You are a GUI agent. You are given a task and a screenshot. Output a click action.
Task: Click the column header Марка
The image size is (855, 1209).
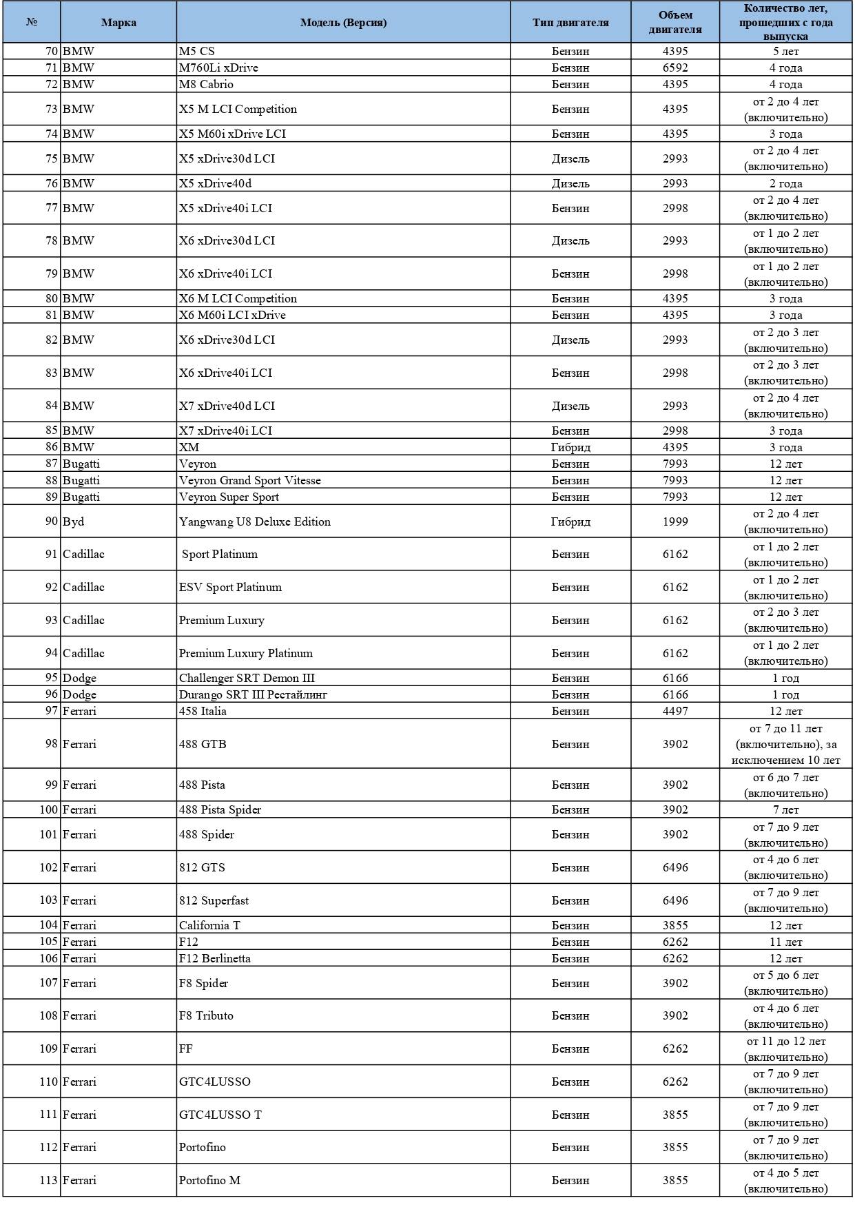tap(119, 23)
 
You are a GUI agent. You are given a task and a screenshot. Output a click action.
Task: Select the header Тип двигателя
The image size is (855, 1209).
tap(570, 23)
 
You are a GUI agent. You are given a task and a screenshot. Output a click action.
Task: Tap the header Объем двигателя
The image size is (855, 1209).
tap(675, 23)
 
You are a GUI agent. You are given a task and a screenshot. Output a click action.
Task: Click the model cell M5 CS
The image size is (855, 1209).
tap(197, 51)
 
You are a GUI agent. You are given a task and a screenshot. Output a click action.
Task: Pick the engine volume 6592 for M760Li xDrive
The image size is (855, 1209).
tap(675, 68)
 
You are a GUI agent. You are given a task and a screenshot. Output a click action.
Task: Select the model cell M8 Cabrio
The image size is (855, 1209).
tap(206, 84)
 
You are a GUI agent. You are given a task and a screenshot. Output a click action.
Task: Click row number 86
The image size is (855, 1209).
tap(52, 447)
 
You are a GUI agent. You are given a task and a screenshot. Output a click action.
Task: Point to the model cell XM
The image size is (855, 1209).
tap(189, 447)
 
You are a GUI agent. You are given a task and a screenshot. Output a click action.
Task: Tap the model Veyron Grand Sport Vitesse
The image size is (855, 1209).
tap(250, 480)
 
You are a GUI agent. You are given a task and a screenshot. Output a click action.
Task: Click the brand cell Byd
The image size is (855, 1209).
tap(74, 521)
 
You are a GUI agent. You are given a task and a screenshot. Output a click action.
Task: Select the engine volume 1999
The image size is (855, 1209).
tap(675, 521)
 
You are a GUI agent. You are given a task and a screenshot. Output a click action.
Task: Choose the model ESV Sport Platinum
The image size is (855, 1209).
tap(230, 587)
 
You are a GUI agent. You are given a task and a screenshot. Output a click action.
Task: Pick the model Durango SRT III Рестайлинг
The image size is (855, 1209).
tap(253, 694)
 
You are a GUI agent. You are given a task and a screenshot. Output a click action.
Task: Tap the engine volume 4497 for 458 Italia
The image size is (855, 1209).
tap(675, 711)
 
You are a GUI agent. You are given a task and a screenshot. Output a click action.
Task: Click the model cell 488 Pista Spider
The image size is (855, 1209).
tap(220, 809)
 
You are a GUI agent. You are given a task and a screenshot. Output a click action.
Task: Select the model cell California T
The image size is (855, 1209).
tap(209, 925)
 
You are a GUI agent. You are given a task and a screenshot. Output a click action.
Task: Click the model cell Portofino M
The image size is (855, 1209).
tap(209, 1180)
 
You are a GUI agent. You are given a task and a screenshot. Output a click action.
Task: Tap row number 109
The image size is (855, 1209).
tap(48, 1048)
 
